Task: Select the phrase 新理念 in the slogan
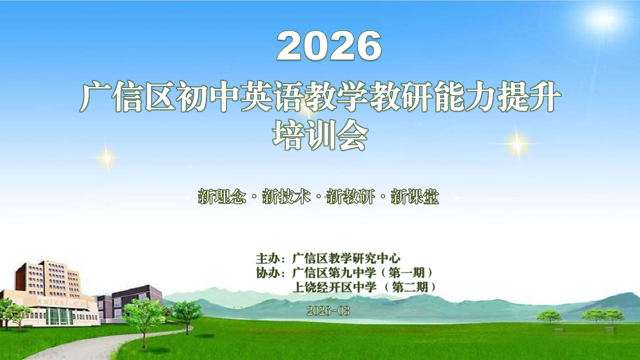(222, 197)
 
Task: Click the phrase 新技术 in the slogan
(286, 197)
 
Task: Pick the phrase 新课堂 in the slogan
(415, 197)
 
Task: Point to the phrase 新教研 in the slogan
(351, 197)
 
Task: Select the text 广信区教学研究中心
(346, 259)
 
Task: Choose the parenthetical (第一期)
(410, 273)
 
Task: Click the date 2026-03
(328, 311)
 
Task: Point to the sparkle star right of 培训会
(517, 143)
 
